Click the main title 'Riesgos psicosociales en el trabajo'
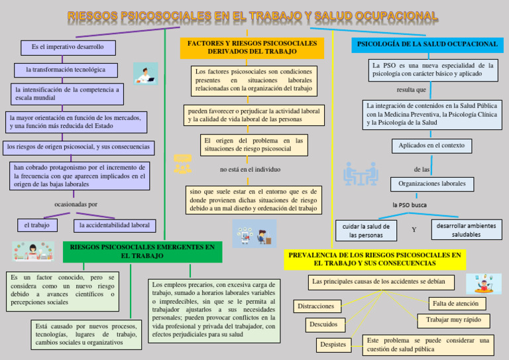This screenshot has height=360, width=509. (253, 15)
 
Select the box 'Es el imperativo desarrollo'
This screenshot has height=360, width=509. (68, 48)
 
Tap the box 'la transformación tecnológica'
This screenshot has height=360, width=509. (66, 70)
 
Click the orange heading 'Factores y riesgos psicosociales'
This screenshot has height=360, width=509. (252, 48)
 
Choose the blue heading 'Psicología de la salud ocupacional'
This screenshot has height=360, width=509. (427, 44)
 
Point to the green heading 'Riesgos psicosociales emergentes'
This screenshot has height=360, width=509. (142, 251)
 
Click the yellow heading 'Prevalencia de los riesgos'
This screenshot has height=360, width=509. (374, 259)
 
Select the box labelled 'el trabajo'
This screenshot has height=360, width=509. (37, 225)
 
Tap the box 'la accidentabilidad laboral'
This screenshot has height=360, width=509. (115, 225)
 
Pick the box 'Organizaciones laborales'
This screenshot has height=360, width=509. (432, 184)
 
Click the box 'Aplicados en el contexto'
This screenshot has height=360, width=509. (431, 145)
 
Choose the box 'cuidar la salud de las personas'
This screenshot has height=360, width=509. (366, 231)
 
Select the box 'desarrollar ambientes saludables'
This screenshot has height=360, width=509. (466, 230)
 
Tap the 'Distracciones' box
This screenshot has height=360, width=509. (316, 306)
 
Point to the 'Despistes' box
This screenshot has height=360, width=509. (333, 345)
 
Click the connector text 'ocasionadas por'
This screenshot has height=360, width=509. (76, 204)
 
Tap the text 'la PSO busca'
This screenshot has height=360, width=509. (410, 205)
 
